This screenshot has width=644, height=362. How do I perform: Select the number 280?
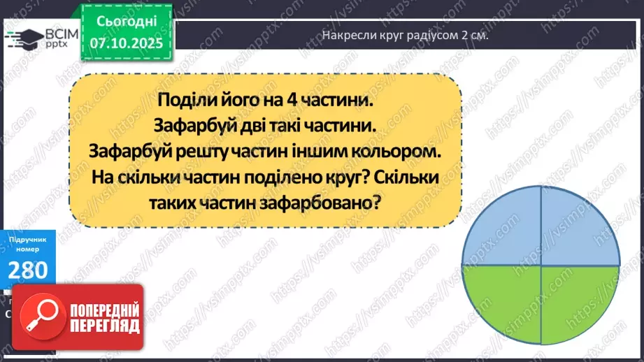[x=28, y=270]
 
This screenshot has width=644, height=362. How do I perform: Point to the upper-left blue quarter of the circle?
[x=502, y=227]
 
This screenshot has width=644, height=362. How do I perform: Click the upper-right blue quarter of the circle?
[x=577, y=227]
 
